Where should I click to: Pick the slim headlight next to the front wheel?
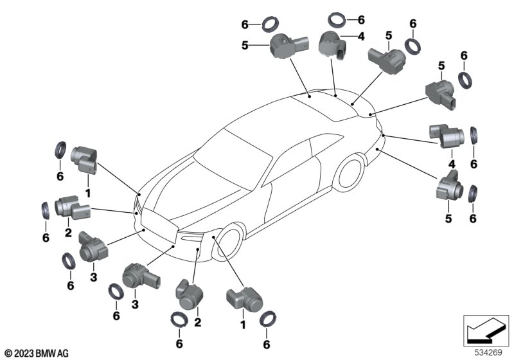tap(190, 237)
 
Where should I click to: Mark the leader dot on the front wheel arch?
tap(213, 237)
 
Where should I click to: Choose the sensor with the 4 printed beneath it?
tap(446, 136)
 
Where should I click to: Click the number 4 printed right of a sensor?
tap(361, 37)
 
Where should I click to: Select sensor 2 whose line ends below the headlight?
tap(188, 294)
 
